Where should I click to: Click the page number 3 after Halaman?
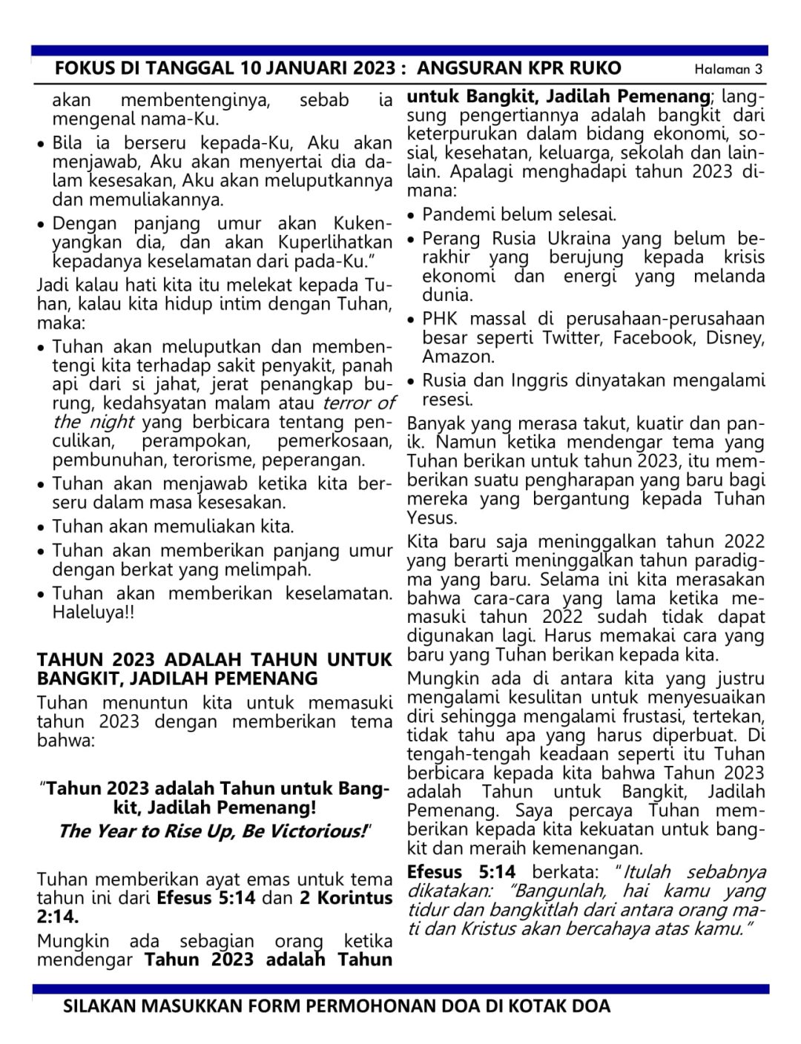(758, 70)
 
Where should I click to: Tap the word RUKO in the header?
(595, 69)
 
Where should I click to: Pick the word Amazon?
(457, 357)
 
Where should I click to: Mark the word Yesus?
(432, 518)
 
